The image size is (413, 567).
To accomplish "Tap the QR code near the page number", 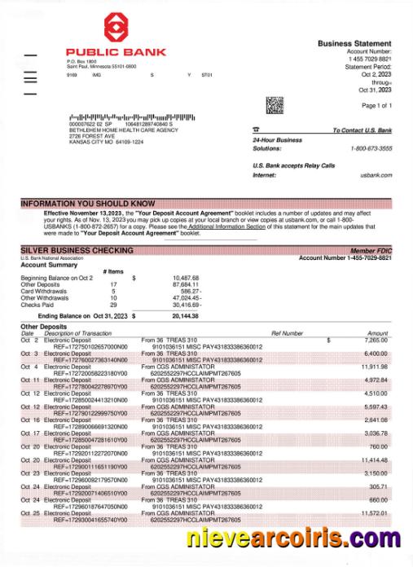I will pos(275,105).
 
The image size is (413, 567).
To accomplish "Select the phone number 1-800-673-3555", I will pos(371,148).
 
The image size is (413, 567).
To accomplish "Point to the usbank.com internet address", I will pos(376,175).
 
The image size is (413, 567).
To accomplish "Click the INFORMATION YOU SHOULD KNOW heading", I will pos(87,204).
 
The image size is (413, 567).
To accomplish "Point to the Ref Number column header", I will pos(287,333).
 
